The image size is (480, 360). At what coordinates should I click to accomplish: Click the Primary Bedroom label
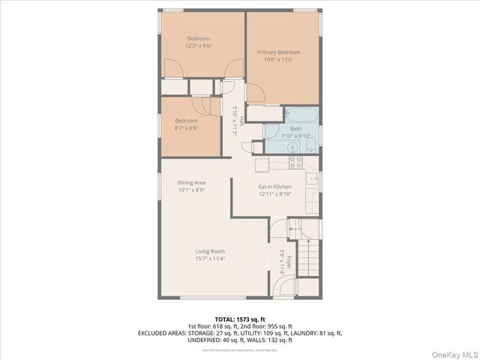click(278, 52)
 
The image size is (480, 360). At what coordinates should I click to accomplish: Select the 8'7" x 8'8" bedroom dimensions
click(187, 128)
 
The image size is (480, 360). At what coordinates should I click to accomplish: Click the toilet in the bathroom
click(310, 145)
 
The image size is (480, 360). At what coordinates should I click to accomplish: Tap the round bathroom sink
click(271, 146)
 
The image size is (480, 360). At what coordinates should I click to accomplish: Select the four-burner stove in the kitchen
click(295, 162)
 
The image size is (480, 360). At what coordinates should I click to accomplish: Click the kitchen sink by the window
click(313, 181)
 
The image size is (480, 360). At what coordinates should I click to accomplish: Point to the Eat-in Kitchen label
click(274, 186)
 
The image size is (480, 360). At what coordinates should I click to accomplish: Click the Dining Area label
click(191, 182)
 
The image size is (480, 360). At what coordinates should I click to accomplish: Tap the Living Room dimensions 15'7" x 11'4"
click(211, 259)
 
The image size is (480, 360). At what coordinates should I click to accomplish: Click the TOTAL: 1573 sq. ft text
click(239, 319)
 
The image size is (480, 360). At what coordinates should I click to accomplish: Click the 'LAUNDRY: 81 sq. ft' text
click(316, 333)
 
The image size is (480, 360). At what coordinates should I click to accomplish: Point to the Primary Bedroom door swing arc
click(256, 93)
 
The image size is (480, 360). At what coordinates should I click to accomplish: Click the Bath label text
click(295, 129)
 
